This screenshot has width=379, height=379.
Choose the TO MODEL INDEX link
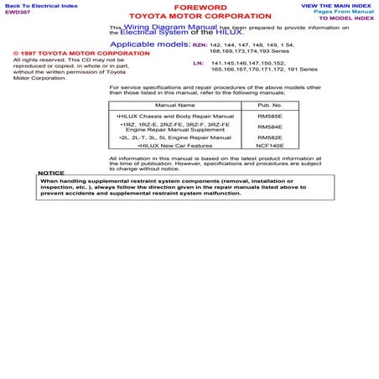345,19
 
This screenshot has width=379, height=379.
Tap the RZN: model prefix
199,42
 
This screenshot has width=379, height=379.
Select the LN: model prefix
197,63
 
